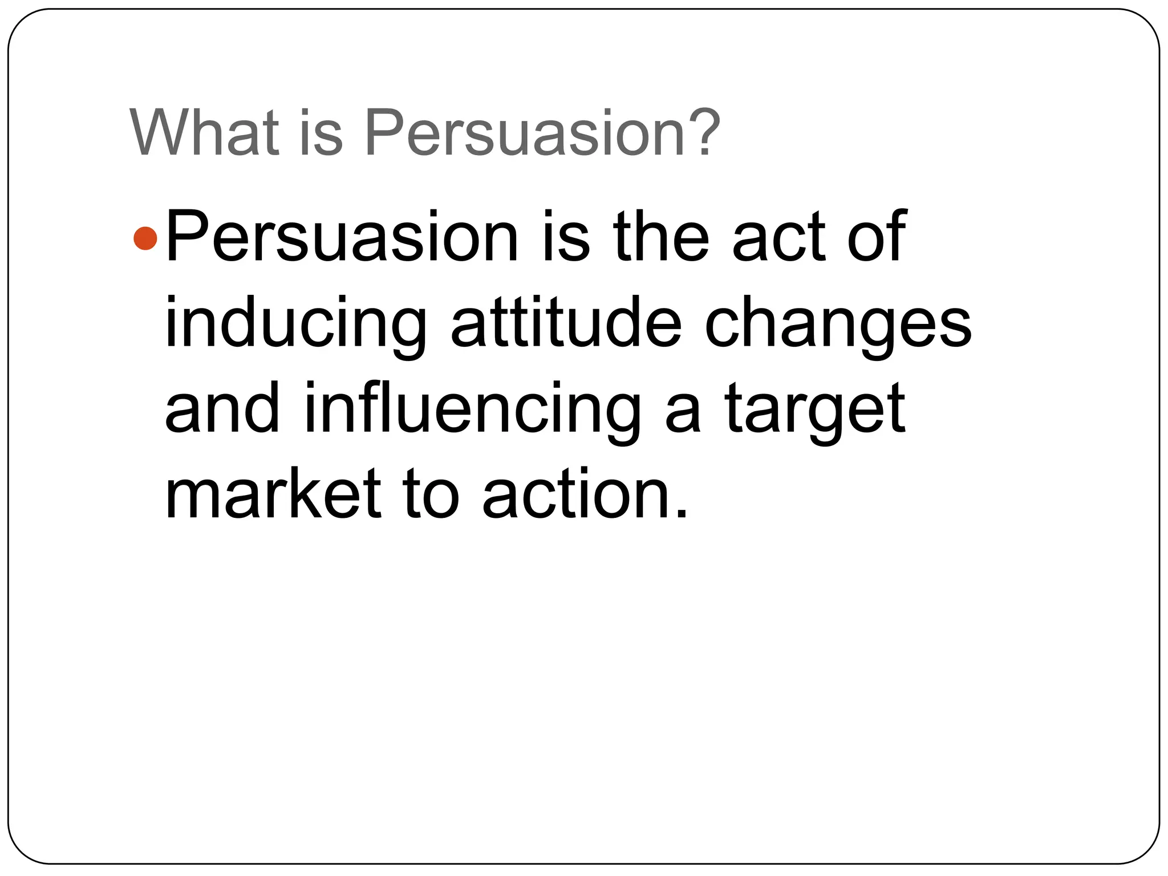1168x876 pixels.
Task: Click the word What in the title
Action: (x=204, y=133)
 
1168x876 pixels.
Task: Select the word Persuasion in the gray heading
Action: (x=524, y=134)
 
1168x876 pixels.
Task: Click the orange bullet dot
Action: (x=145, y=238)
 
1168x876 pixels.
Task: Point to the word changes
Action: (x=838, y=325)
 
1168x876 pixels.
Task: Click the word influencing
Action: (x=473, y=411)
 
